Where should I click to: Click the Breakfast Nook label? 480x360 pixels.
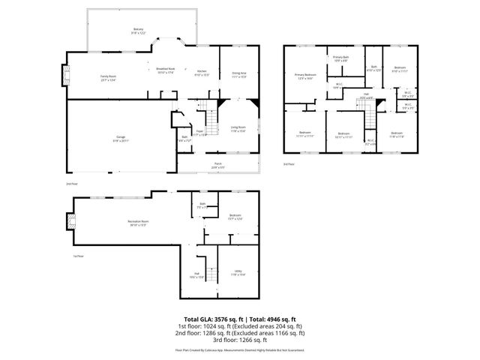coord(165,70)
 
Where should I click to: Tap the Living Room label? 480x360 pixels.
coord(237,128)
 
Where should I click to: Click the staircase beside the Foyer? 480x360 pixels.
coord(213,118)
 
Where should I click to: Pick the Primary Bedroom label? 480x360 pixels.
coord(305,76)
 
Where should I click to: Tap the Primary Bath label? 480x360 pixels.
coord(341,58)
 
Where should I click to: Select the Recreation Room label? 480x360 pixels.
coord(136,223)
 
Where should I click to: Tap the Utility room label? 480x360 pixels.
coord(237,274)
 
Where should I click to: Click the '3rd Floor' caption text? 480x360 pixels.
coord(289,163)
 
